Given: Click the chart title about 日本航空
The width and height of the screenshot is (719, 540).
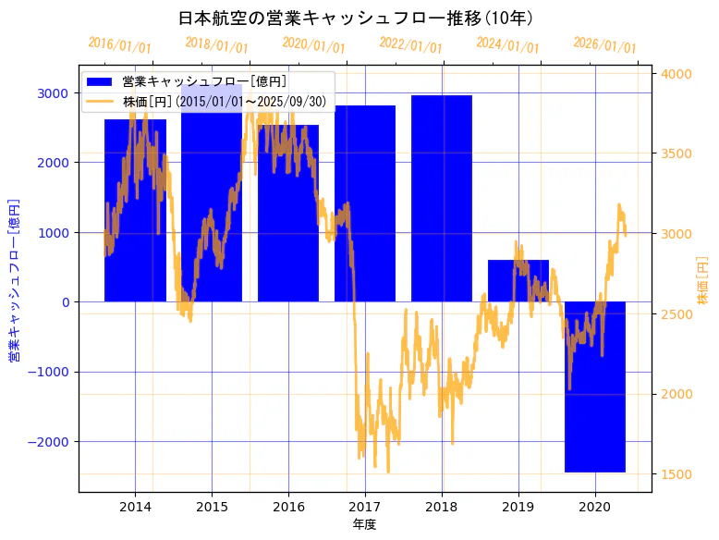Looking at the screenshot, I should (356, 18).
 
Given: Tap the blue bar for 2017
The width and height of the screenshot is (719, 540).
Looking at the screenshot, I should (365, 203).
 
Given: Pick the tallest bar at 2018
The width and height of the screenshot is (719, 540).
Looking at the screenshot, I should (442, 199).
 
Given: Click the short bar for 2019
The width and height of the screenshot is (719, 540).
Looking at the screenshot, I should (518, 281).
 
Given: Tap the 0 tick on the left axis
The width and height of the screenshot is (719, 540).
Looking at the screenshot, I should (65, 302).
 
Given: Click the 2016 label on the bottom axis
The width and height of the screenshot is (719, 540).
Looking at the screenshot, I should (288, 507).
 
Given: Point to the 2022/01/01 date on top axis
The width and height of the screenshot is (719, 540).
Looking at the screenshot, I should (410, 45).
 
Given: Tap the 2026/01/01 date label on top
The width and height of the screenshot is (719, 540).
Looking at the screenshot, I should (604, 45).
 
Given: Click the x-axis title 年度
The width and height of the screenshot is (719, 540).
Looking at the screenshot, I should (365, 524).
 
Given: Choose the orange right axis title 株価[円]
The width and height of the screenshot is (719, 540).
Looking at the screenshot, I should (703, 280).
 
